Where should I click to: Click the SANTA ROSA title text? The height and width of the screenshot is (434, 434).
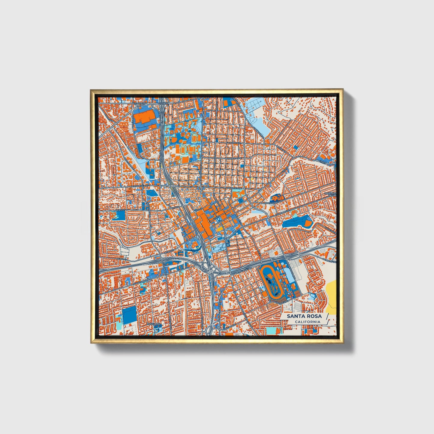[x=304, y=316]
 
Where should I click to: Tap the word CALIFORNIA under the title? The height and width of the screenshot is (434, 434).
[x=307, y=322]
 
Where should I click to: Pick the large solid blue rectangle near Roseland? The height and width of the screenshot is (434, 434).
[x=129, y=315]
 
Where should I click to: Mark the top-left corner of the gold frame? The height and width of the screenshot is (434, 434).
[x=91, y=90]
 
